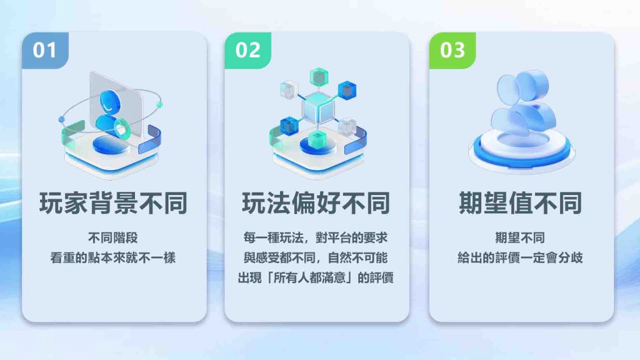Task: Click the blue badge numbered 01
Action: (45, 50)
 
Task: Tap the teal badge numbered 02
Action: (248, 50)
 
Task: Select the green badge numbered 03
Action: (452, 50)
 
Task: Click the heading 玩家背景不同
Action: (114, 203)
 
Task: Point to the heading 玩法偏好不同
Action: (316, 203)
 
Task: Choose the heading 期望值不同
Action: (521, 203)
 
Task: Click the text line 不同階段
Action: (113, 237)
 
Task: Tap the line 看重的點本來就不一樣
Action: (113, 257)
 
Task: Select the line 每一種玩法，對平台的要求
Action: (316, 237)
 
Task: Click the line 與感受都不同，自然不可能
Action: (316, 257)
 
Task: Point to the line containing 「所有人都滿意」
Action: (316, 277)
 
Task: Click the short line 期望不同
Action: (520, 237)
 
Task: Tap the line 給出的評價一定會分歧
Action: (520, 257)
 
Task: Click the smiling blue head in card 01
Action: (110, 102)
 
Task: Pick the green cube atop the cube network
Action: (319, 77)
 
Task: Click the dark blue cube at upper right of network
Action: (347, 91)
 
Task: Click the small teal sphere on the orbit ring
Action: (159, 105)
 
